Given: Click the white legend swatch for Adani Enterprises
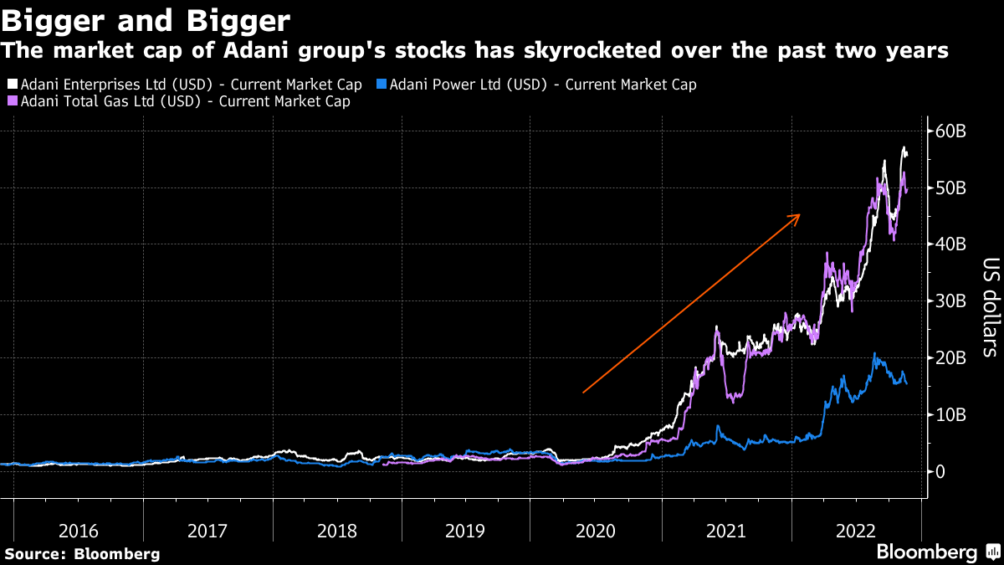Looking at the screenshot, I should pos(13,85).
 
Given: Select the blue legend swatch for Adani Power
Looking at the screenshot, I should pos(382,85).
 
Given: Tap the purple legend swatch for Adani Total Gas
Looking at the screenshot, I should pos(13,101).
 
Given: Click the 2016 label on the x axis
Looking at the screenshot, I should pos(78,531).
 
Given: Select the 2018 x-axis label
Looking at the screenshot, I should pos(336,531).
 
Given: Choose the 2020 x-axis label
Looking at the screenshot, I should pos(596,531).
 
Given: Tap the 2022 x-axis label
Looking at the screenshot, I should pos(855,531).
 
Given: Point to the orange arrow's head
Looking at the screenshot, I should pos(798,216).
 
